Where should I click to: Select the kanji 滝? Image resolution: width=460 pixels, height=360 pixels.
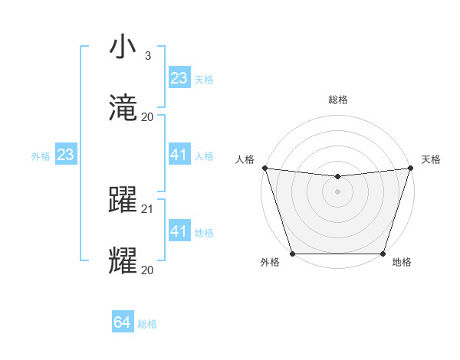(123, 108)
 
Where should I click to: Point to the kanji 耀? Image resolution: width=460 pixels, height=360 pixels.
(123, 260)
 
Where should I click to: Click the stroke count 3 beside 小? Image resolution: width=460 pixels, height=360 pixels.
(147, 56)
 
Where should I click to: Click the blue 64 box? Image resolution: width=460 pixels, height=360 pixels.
(123, 323)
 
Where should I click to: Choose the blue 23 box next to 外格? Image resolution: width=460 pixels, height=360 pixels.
(65, 155)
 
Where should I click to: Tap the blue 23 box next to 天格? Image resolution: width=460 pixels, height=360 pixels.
(179, 78)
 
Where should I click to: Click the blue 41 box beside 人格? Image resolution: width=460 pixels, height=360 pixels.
(179, 155)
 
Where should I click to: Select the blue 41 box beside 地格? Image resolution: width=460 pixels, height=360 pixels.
(179, 231)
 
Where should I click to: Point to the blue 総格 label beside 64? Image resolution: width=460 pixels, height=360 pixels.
(147, 324)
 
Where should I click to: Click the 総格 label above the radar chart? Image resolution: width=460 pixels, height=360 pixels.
(337, 100)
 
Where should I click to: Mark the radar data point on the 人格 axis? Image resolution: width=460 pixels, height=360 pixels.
(264, 168)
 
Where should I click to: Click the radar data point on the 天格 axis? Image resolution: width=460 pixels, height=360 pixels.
(410, 168)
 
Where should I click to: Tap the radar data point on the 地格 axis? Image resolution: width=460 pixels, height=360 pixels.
(383, 254)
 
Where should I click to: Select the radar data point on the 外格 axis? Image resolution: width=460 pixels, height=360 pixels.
(292, 254)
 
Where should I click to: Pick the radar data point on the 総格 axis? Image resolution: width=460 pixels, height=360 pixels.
(337, 177)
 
